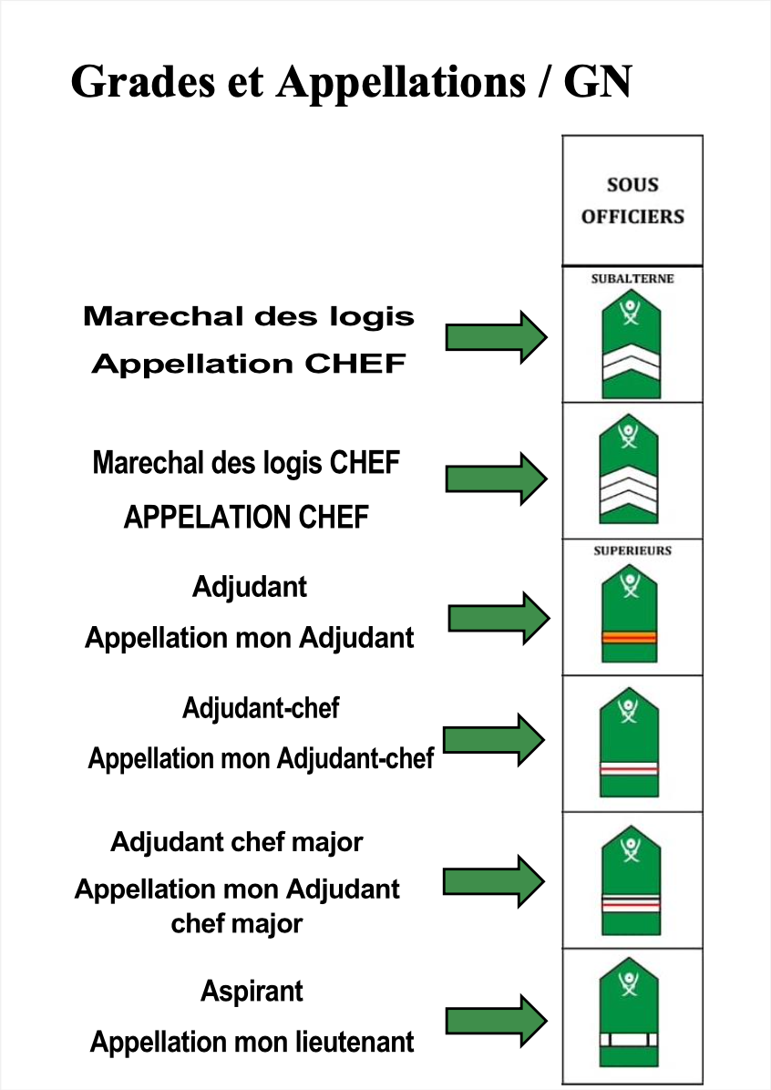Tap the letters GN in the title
[597, 82]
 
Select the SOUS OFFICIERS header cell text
[632, 201]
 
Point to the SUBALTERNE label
[632, 279]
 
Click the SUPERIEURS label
[632, 550]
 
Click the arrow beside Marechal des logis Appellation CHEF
[497, 338]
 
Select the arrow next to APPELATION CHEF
[497, 479]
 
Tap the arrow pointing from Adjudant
[499, 618]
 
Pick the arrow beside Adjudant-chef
[494, 740]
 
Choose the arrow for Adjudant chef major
[494, 881]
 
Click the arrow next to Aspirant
[497, 1021]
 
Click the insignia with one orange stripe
[630, 613]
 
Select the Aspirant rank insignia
[629, 1013]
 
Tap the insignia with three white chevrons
[629, 468]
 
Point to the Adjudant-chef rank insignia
[629, 742]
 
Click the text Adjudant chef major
[237, 842]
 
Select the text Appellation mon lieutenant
[252, 1042]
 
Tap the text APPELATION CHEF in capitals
[246, 517]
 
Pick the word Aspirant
[252, 992]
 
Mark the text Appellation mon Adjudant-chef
[261, 758]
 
